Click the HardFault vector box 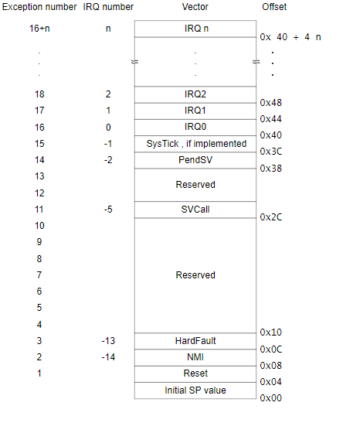(x=195, y=341)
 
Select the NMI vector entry (x=195, y=357)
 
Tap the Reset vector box (x=195, y=374)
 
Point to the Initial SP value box (x=195, y=390)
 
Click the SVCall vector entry (x=195, y=210)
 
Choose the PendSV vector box (x=195, y=160)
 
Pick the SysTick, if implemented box (x=195, y=144)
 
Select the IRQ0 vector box (x=195, y=128)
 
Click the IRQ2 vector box (x=195, y=94)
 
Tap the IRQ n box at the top (x=195, y=29)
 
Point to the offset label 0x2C (x=271, y=217)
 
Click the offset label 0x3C (x=271, y=152)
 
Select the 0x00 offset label (x=271, y=398)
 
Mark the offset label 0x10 (x=271, y=332)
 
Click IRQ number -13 (x=108, y=341)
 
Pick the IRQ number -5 (x=108, y=210)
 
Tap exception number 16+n (x=39, y=29)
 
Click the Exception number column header (x=39, y=7)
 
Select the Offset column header (x=274, y=7)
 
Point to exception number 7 (x=39, y=275)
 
